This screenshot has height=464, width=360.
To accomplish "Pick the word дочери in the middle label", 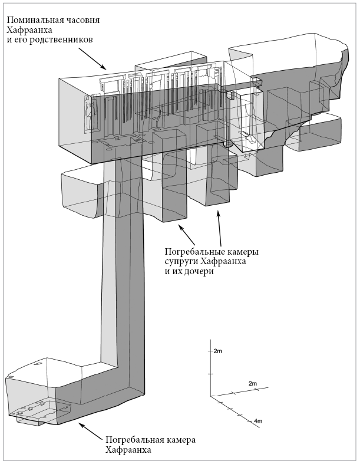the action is click(x=199, y=271).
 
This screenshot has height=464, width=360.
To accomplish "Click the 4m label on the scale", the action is click(x=258, y=421).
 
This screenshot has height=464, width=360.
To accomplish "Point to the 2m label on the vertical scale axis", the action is click(x=218, y=351).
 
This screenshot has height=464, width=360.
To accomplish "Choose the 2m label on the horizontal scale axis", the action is click(x=253, y=383).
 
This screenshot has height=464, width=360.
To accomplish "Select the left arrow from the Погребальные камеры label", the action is click(x=186, y=235).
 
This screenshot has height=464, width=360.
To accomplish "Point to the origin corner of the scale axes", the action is click(x=210, y=396).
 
